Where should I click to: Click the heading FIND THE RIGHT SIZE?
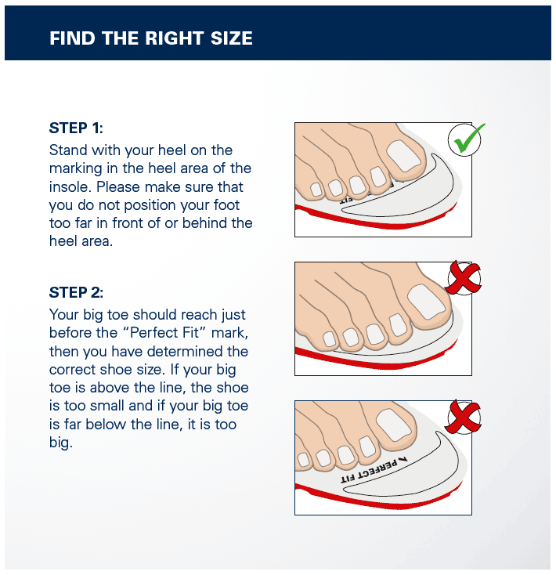pos(150,38)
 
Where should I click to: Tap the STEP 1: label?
pos(76,128)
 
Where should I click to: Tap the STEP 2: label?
pos(76,293)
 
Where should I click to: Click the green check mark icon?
pos(467,140)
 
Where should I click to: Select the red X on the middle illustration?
pos(464,277)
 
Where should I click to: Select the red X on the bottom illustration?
pos(464,417)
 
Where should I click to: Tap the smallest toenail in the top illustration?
pos(316,189)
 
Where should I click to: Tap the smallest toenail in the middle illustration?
pos(330,339)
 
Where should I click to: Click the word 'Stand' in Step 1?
pos(68,150)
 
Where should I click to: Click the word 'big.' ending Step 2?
pos(61,443)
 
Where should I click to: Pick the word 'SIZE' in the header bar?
pos(232,38)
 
